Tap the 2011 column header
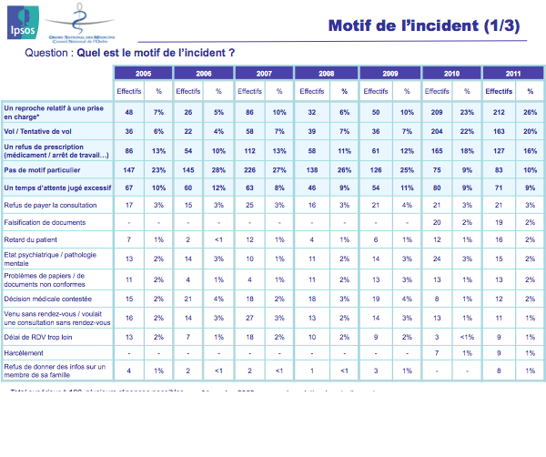513,73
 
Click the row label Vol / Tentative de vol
39,131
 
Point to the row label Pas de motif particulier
40,169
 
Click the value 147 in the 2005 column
129,169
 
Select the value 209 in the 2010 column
437,112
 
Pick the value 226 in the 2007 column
251,169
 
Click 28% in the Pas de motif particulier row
218,169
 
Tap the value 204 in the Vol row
437,131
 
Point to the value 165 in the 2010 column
437,150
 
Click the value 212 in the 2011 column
499,112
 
